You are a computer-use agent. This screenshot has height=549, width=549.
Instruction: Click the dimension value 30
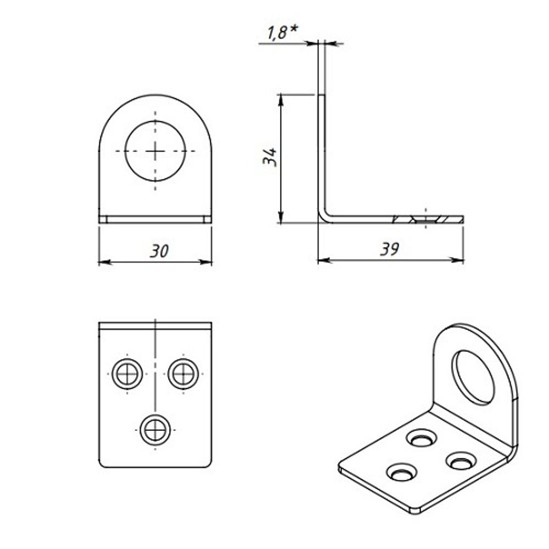pyautogui.click(x=160, y=251)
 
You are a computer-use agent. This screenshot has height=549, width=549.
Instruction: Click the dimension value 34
pyautogui.click(x=270, y=158)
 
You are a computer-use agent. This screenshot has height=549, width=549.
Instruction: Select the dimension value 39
pyautogui.click(x=390, y=249)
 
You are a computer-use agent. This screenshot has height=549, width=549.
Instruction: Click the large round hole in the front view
pyautogui.click(x=155, y=150)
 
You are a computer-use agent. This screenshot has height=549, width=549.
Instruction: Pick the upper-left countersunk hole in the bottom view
pyautogui.click(x=127, y=374)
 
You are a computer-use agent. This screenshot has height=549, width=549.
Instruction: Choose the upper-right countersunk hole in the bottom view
pyautogui.click(x=183, y=374)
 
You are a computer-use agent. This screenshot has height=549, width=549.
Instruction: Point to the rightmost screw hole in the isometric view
pyautogui.click(x=461, y=460)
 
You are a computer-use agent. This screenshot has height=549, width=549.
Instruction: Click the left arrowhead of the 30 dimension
pyautogui.click(x=102, y=262)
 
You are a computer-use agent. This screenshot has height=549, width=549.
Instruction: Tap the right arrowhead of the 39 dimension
pyautogui.click(x=460, y=260)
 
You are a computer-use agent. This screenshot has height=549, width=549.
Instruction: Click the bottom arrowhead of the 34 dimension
pyautogui.click(x=281, y=219)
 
